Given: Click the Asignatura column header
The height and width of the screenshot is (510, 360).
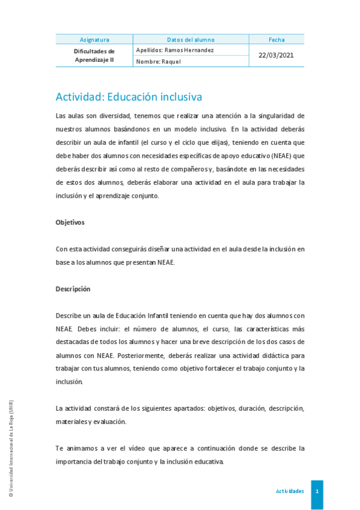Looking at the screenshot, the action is point(94,40).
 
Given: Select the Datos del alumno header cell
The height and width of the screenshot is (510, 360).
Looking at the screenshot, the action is point(191,40).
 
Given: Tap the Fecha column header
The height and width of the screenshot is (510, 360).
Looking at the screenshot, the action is point(276,40).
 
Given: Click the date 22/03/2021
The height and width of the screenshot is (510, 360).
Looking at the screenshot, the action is point(276,55).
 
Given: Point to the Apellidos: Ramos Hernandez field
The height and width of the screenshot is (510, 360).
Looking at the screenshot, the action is point(175,50).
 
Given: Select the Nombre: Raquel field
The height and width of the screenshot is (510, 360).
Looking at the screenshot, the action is point(159,61).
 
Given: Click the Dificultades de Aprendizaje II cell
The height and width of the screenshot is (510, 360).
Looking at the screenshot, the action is point(94,55).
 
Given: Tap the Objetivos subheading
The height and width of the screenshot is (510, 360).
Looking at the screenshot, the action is point(70,223).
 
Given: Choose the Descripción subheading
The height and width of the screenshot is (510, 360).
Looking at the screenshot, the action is point(73,289).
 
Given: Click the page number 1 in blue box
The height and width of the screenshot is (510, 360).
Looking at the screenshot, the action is point(317,491).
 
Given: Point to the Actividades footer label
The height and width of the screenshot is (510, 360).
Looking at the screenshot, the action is point(290,491).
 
